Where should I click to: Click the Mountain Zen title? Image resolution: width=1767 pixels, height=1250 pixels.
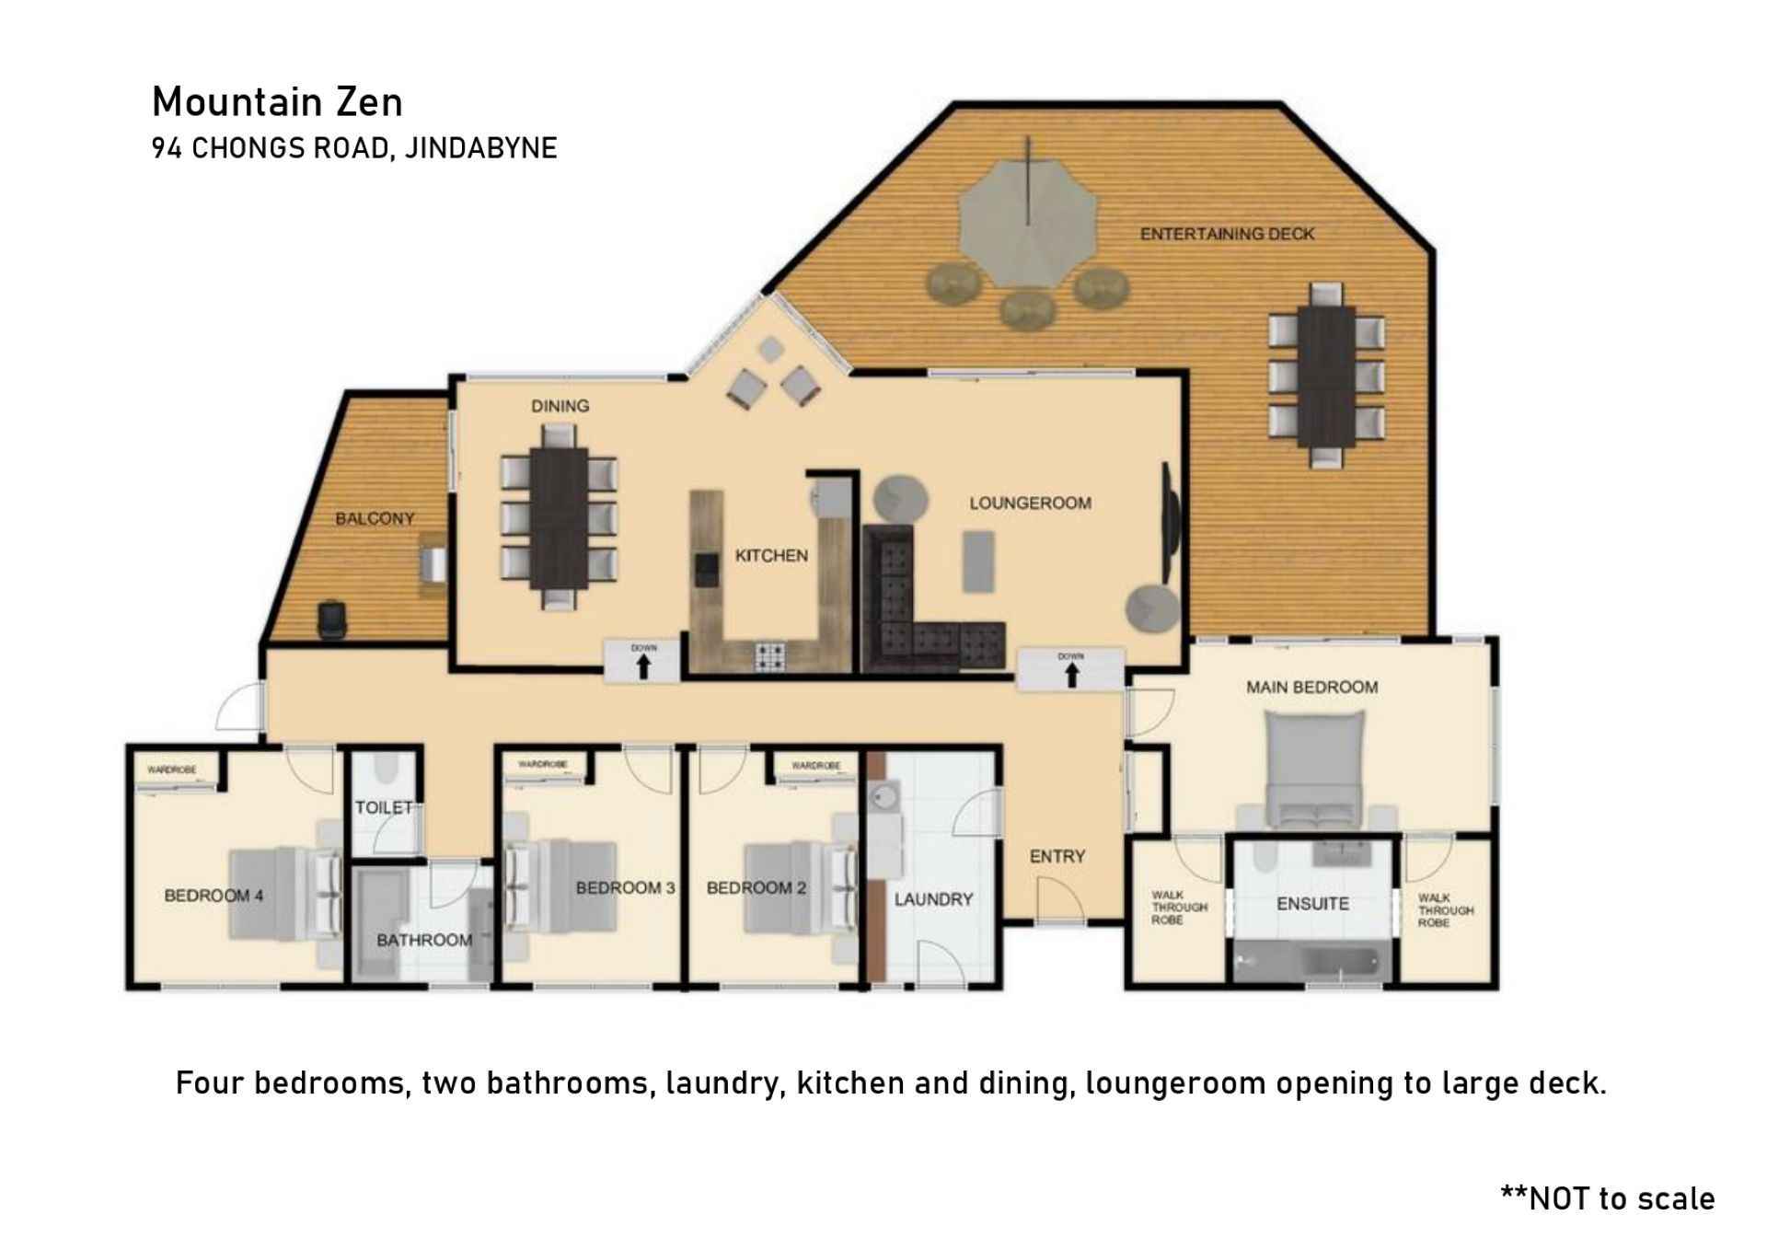(277, 102)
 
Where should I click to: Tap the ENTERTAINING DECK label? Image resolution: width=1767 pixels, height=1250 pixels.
(1227, 234)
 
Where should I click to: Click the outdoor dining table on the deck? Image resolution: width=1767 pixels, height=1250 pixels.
(1325, 376)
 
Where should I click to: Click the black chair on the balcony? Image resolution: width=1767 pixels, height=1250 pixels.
(331, 619)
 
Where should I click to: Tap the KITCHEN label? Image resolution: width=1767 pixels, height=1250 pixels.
(771, 555)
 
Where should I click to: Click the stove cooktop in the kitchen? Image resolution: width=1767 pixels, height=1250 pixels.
(771, 656)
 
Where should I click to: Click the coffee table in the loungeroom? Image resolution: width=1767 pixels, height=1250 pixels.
(979, 561)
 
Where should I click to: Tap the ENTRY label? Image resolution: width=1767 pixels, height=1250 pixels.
(1057, 856)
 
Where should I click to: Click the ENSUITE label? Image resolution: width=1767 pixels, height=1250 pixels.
(1312, 904)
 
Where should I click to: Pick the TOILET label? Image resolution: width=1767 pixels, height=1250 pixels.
(384, 807)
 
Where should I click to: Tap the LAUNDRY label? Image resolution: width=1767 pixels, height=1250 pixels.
(933, 899)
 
